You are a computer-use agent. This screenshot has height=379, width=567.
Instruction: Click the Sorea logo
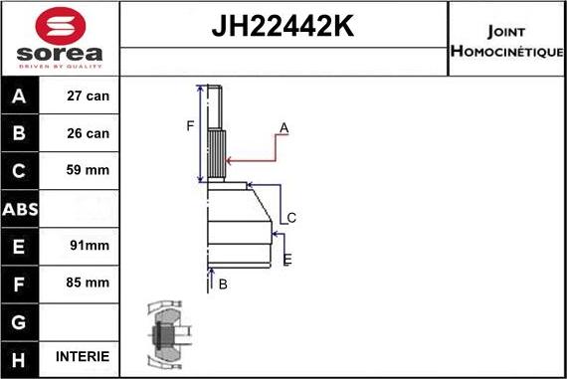click(60, 37)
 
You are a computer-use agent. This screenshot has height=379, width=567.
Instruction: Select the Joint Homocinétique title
click(506, 39)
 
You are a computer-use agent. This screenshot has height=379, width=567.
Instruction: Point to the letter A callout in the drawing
click(283, 127)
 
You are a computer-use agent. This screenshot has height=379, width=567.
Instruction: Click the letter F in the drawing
click(189, 125)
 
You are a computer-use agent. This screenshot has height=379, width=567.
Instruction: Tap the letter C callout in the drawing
click(291, 218)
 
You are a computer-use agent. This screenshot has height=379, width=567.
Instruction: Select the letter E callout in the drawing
click(287, 260)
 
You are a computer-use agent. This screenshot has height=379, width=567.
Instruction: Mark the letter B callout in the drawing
click(223, 284)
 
